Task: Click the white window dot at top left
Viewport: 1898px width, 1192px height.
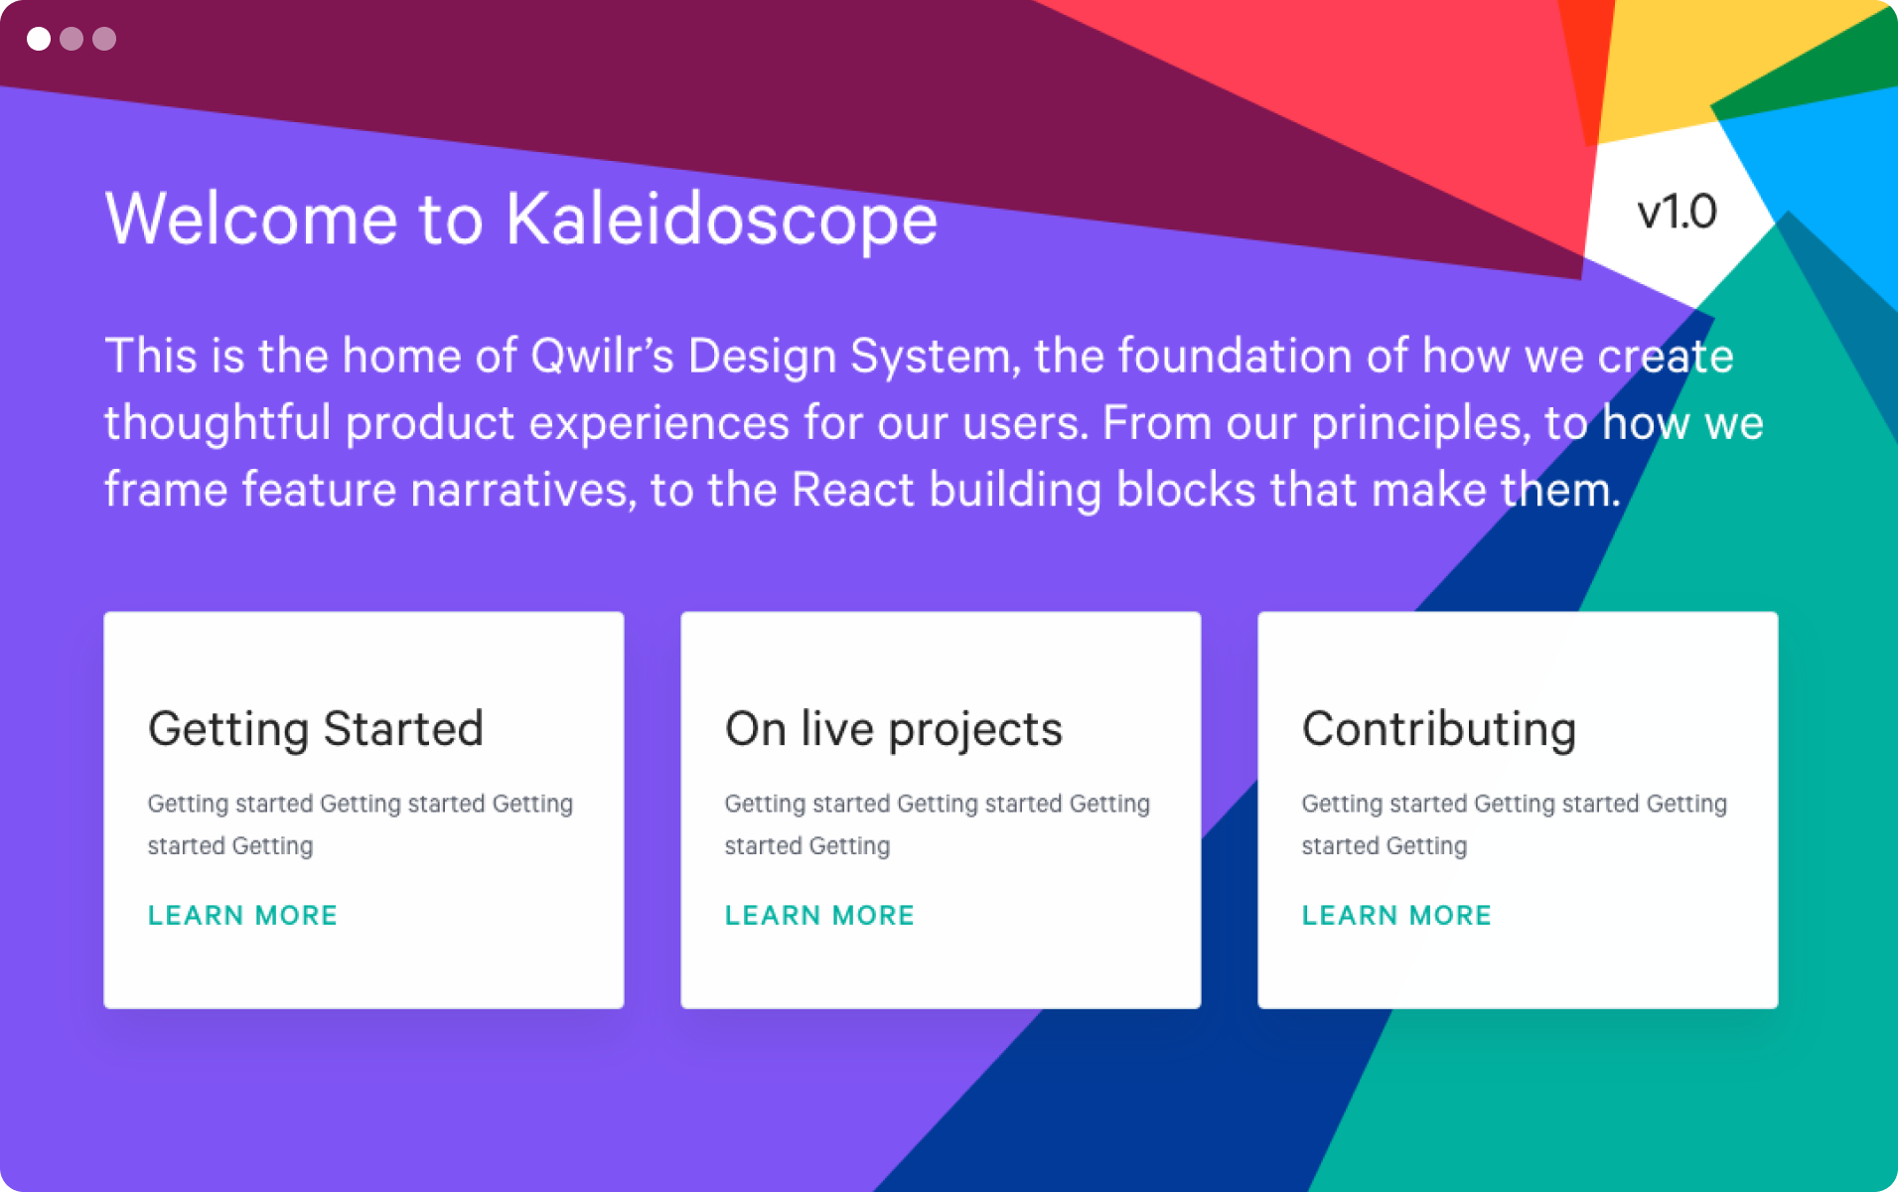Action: (x=39, y=39)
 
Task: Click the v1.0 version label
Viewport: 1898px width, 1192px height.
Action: (x=1677, y=212)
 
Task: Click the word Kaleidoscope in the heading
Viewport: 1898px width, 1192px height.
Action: (x=722, y=220)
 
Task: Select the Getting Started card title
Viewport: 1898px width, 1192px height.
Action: (x=316, y=730)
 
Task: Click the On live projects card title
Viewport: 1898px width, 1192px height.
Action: (x=894, y=730)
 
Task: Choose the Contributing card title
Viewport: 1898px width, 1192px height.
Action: (x=1439, y=730)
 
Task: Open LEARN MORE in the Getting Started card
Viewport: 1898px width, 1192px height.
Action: (x=243, y=915)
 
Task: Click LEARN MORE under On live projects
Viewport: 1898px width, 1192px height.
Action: (x=820, y=915)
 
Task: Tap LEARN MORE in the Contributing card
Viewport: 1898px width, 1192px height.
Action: (x=1397, y=915)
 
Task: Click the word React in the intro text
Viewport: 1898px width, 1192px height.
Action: (x=852, y=490)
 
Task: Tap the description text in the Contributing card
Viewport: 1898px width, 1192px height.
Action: (x=1515, y=824)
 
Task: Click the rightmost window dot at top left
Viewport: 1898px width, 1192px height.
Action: (x=104, y=39)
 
